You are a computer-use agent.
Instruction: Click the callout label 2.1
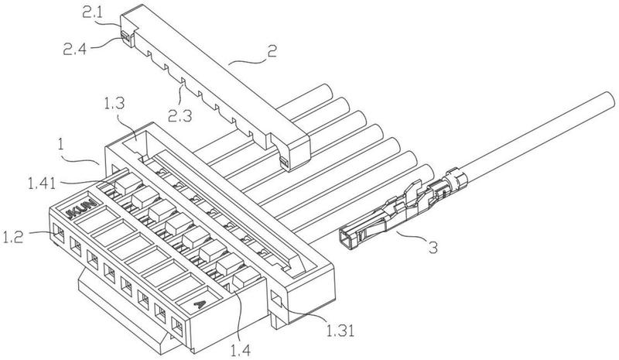[x=93, y=12]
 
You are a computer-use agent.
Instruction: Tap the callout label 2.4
[x=74, y=49]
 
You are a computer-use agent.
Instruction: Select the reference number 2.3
[x=180, y=115]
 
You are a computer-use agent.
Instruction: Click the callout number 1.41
[x=42, y=183]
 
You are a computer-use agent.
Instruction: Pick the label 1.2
[x=13, y=237]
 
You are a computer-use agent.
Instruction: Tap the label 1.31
[x=340, y=331]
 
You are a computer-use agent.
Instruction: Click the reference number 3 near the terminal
[x=433, y=248]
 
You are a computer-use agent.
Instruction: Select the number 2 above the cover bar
[x=272, y=52]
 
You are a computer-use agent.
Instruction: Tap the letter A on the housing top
[x=200, y=304]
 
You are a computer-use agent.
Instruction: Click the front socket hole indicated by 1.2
[x=59, y=232]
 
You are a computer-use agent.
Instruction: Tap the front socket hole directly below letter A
[x=178, y=327]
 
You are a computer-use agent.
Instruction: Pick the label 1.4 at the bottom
[x=241, y=350]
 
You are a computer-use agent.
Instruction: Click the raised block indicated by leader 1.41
[x=128, y=184]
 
